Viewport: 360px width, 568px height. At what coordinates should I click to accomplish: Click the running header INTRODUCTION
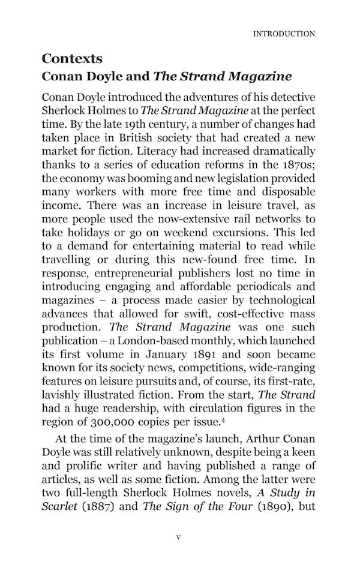pos(284,34)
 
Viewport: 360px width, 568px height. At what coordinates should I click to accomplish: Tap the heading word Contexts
pos(73,59)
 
